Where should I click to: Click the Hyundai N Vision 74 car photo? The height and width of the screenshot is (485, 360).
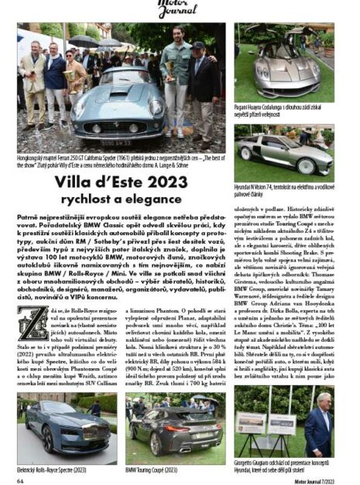[x=284, y=152]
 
